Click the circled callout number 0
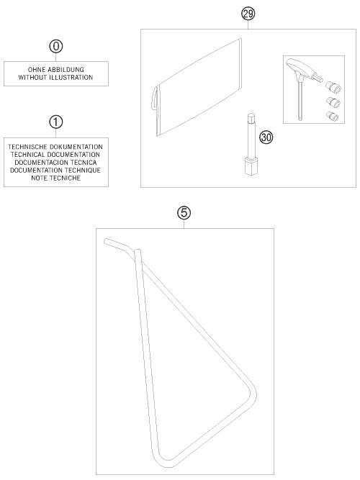pyautogui.click(x=55, y=47)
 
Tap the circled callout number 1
pyautogui.click(x=55, y=122)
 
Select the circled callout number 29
pyautogui.click(x=248, y=14)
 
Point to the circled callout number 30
pyautogui.click(x=266, y=137)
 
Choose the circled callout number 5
pyautogui.click(x=184, y=213)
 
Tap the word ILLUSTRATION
pyautogui.click(x=70, y=78)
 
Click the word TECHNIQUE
pyautogui.click(x=82, y=171)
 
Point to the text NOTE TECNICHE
pyautogui.click(x=55, y=178)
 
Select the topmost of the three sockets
pyautogui.click(x=333, y=87)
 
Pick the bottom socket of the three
pyautogui.click(x=333, y=116)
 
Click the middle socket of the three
pyautogui.click(x=333, y=102)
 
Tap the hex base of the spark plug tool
pyautogui.click(x=251, y=166)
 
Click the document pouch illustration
pyautogui.click(x=197, y=87)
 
